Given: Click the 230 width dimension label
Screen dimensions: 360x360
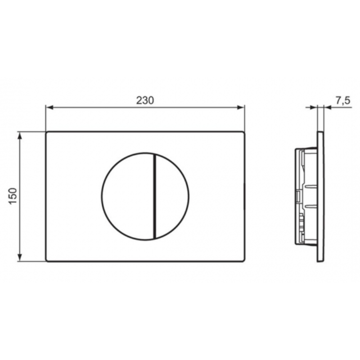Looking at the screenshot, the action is pos(145,100).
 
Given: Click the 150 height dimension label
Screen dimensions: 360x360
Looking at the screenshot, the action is pos(13,196).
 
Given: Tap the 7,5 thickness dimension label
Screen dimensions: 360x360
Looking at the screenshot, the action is pos(343,101).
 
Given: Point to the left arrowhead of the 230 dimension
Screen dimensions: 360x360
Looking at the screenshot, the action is pos(49,107).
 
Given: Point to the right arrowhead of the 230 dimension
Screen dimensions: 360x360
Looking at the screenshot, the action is pos(241,107).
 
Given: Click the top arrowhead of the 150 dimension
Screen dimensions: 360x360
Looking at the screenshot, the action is pos(20,136).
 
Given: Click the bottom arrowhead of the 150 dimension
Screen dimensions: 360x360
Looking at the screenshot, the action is pos(20,257).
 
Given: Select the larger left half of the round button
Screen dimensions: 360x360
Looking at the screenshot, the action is pos(128,197).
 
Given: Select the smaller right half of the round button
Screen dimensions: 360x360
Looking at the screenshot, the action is pos(172,197).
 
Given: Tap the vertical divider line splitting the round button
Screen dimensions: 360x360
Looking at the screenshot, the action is pos(154,197).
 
